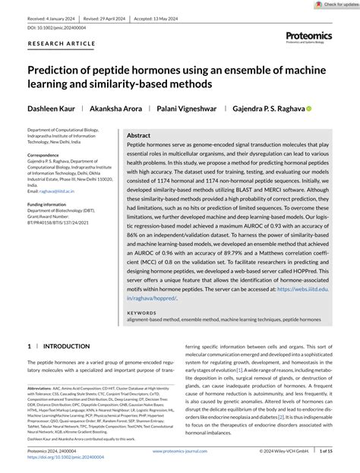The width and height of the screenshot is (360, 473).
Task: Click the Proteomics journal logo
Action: point(310,36)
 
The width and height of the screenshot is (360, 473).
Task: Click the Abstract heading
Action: point(139,134)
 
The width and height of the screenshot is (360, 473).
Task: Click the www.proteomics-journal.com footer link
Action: point(179,450)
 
